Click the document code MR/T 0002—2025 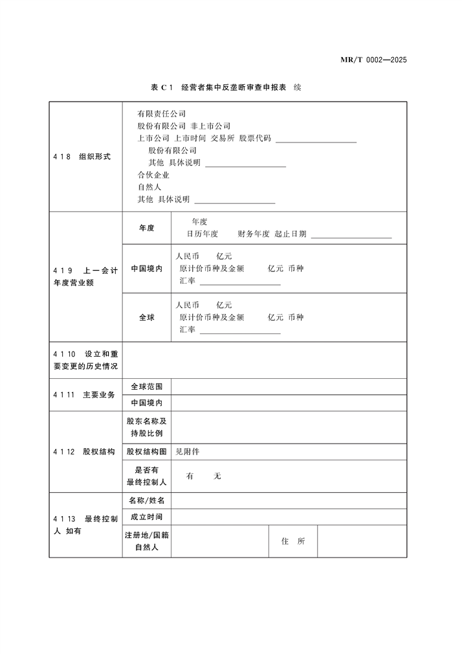pyautogui.click(x=373, y=60)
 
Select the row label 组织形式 pyautogui.click(x=94, y=156)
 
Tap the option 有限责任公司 pyautogui.click(x=161, y=114)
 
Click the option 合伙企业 pyautogui.click(x=153, y=175)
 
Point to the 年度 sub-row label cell pyautogui.click(x=147, y=228)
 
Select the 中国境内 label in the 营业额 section pyautogui.click(x=147, y=269)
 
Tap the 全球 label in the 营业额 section pyautogui.click(x=147, y=318)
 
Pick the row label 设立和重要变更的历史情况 pyautogui.click(x=85, y=360)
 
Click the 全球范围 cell pyautogui.click(x=147, y=387)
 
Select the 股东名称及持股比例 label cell pyautogui.click(x=147, y=427)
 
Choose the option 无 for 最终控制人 pyautogui.click(x=217, y=476)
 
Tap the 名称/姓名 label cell pyautogui.click(x=147, y=501)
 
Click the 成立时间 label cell pyautogui.click(x=147, y=517)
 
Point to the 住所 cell pyautogui.click(x=293, y=541)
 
